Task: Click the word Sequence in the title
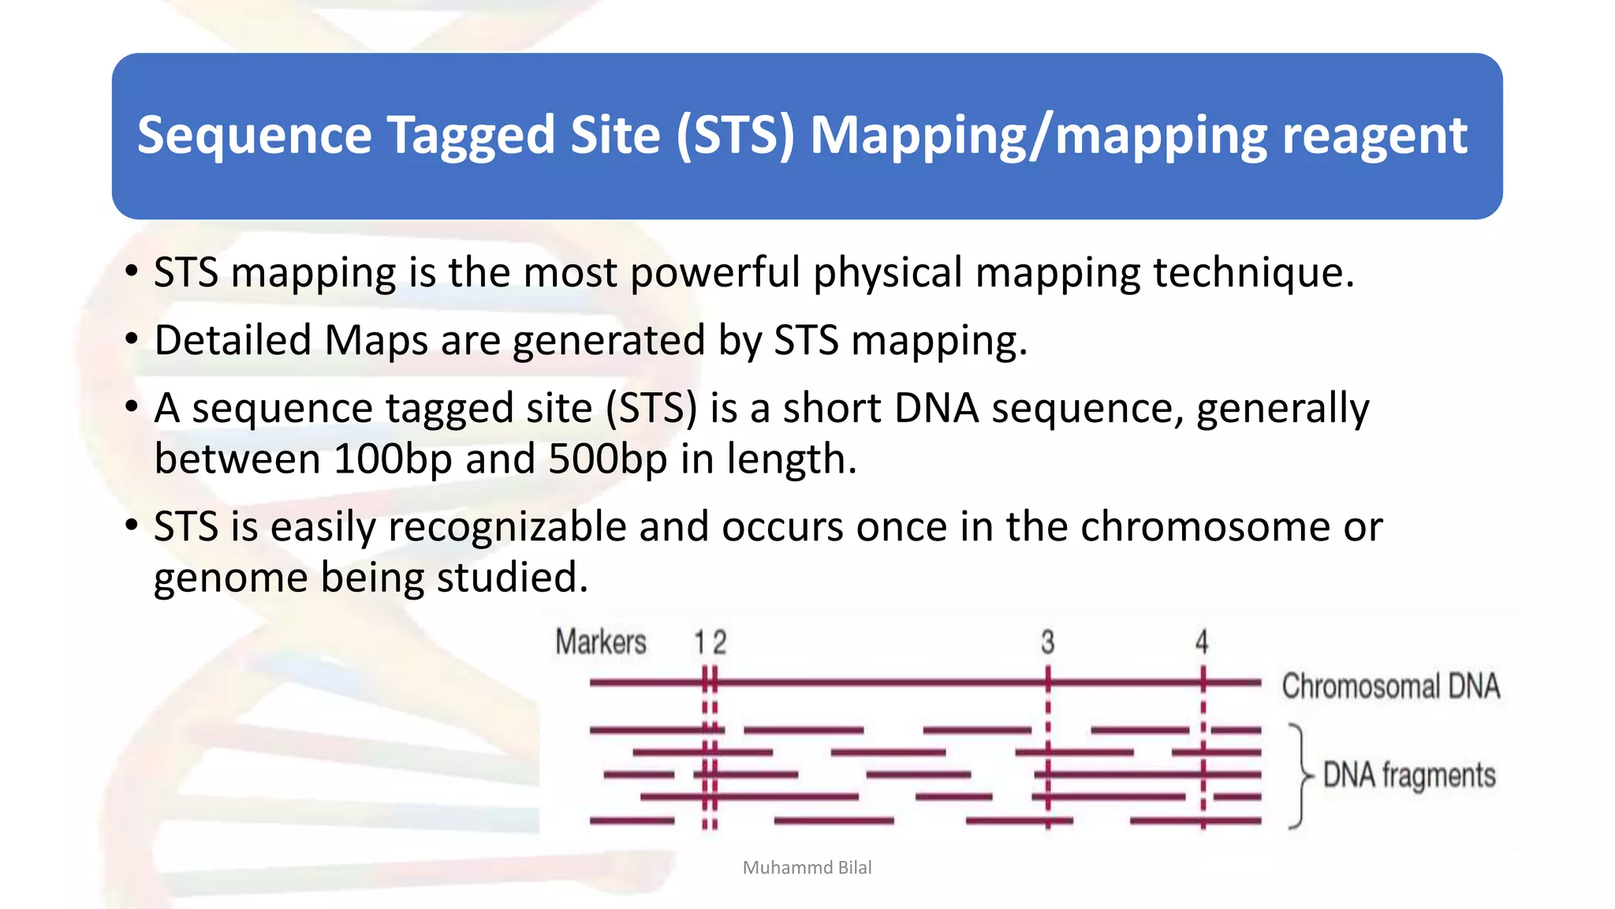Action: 254,136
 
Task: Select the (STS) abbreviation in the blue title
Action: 735,136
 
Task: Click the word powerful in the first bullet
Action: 714,273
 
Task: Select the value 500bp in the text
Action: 607,459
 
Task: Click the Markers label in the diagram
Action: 601,642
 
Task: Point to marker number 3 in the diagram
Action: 1047,642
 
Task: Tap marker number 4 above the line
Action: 1202,642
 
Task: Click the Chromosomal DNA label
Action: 1390,686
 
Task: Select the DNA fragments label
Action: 1409,775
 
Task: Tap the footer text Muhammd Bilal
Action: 807,868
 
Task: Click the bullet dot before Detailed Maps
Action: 132,340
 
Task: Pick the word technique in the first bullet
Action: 1252,273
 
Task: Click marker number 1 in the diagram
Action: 699,642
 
